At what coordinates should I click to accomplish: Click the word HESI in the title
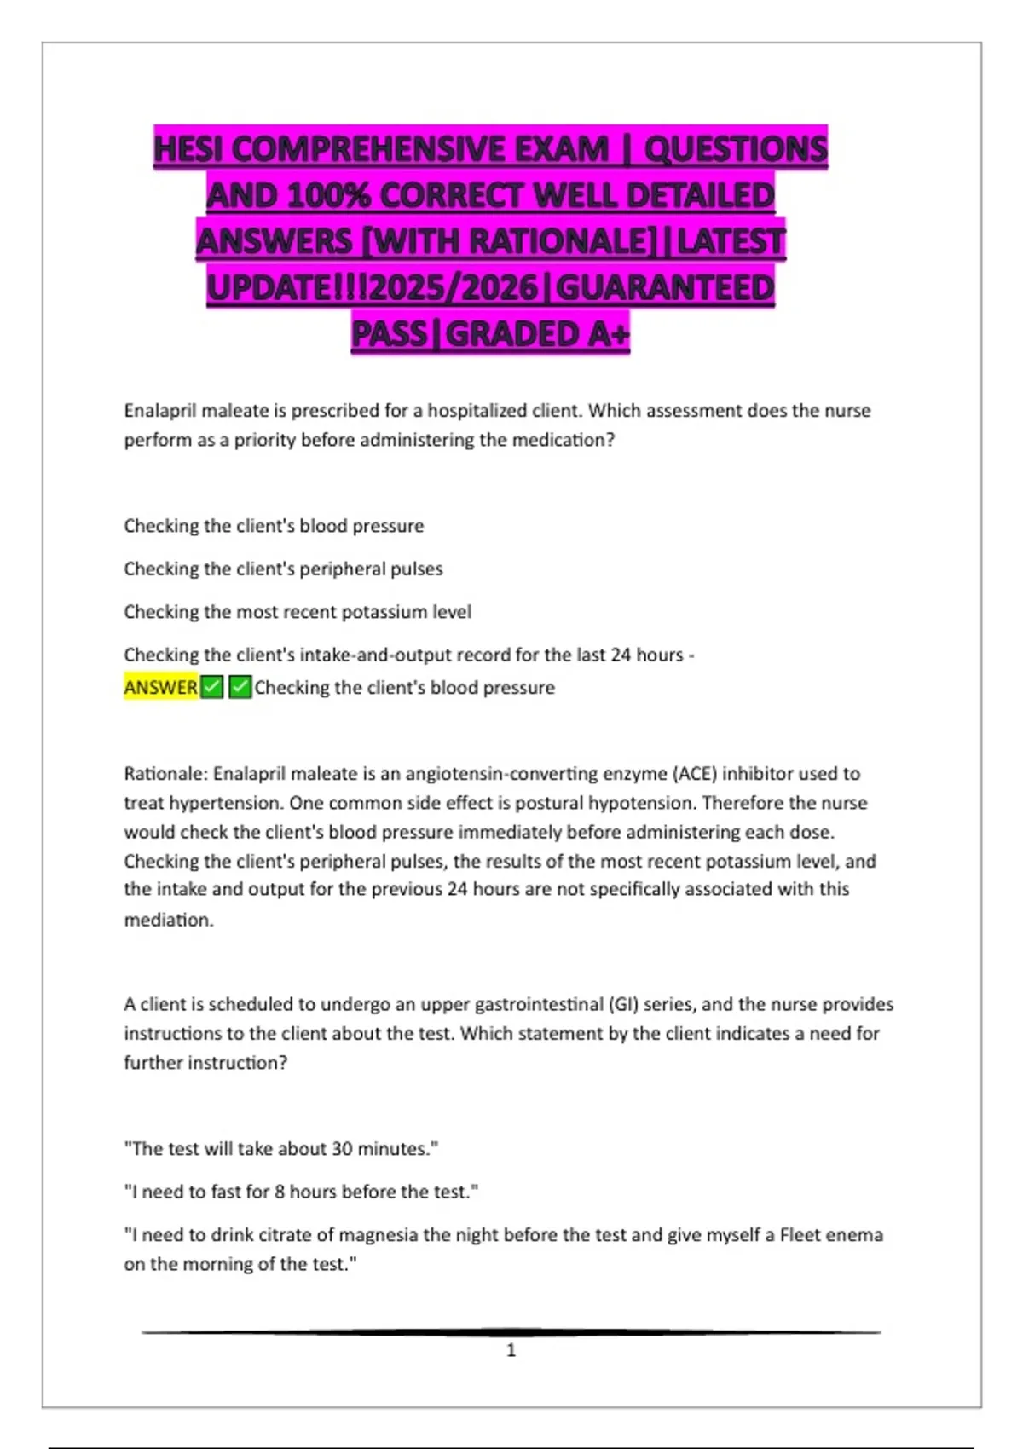point(188,149)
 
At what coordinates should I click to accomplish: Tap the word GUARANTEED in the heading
point(665,287)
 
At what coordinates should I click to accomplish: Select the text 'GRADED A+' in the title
point(537,333)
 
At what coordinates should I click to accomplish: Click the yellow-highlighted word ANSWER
point(161,687)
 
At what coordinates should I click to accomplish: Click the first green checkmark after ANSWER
point(212,687)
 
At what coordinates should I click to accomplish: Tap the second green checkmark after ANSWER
point(240,687)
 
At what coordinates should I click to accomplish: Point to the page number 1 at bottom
point(511,1350)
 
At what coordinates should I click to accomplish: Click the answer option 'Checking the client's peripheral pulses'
point(283,569)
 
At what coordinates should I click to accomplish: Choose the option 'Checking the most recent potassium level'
point(298,612)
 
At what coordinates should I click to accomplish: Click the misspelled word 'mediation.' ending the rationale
point(169,920)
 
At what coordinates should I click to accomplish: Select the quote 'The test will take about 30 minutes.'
point(281,1149)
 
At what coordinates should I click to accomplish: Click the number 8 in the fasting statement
point(280,1192)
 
